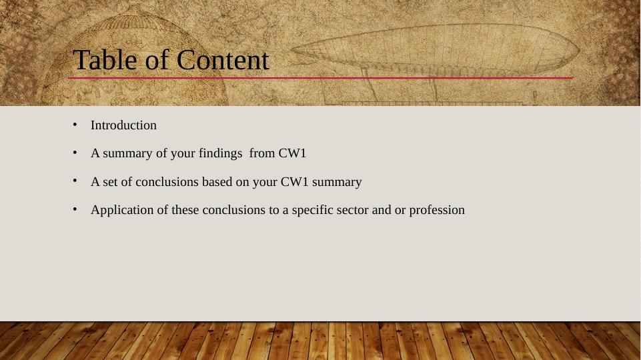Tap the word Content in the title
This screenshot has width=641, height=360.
(x=223, y=61)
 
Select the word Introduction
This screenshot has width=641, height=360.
(x=123, y=125)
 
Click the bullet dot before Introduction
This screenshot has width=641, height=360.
(x=75, y=125)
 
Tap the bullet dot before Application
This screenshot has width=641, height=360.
(x=75, y=210)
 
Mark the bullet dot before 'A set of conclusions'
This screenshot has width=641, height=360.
(x=75, y=181)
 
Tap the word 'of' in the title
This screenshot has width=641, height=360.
(x=155, y=61)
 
